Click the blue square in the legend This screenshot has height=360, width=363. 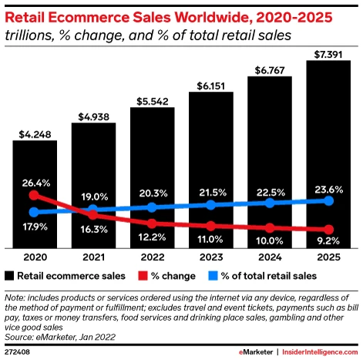coord(213,274)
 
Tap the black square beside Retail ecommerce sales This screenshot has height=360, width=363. coord(9,274)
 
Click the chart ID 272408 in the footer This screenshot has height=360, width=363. coord(18,352)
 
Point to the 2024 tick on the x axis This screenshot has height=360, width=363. coord(269,257)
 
